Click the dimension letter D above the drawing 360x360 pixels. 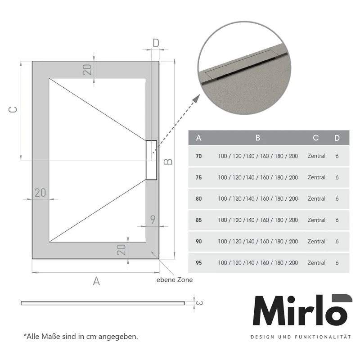(156, 43)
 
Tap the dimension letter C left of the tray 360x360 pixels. (13, 109)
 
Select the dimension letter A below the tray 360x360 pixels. (96, 281)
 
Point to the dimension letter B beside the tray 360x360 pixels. (168, 162)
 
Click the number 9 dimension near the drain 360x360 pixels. (153, 220)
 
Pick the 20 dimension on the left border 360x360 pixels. (40, 193)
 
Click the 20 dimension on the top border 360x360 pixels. (87, 70)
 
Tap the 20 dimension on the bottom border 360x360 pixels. (121, 250)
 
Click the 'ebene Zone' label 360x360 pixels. (175, 279)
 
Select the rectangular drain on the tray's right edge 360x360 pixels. (152, 160)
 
